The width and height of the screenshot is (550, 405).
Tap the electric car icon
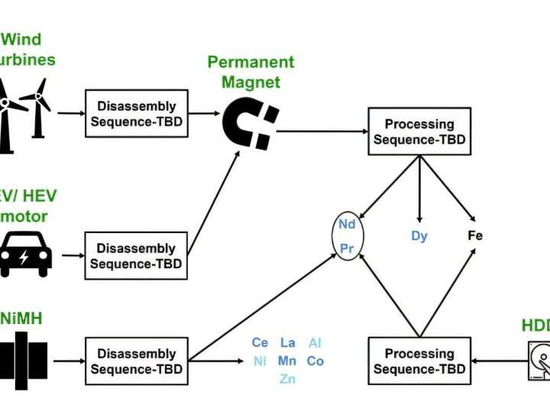[x=25, y=255]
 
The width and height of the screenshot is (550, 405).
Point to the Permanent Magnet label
[x=251, y=72]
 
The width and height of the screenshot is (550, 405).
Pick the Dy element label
[x=419, y=236]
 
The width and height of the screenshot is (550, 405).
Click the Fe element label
[x=475, y=236]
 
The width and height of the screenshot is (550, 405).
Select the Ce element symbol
[x=260, y=343]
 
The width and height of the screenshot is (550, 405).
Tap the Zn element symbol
[x=288, y=379]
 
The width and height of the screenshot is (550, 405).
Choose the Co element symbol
[x=315, y=361]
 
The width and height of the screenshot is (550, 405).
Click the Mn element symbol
[x=287, y=361]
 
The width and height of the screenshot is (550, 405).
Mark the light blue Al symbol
[x=315, y=343]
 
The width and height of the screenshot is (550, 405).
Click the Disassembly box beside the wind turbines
[x=136, y=114]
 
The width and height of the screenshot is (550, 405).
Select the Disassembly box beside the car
[x=136, y=256]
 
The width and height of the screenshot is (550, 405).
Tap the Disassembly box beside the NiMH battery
[x=136, y=361]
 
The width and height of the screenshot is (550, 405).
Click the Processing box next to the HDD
[x=419, y=361]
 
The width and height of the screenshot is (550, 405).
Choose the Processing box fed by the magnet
[x=419, y=131]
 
